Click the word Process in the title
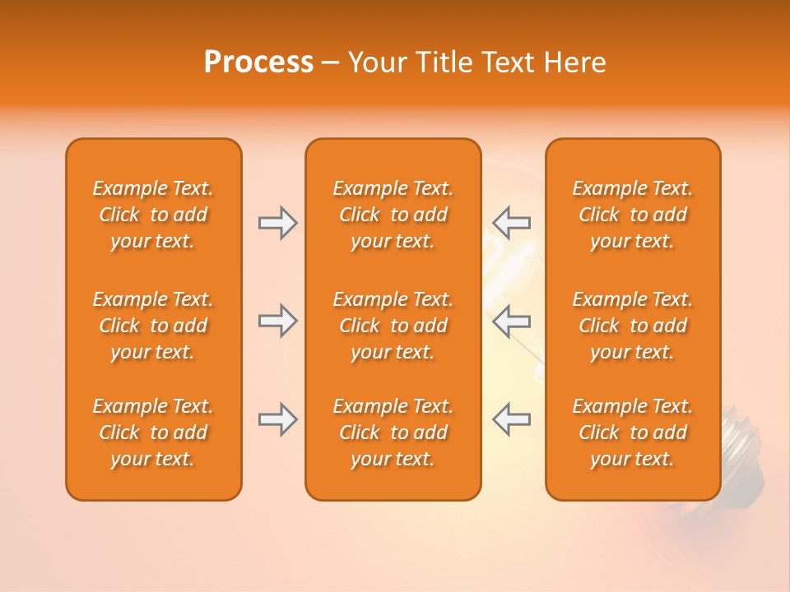pos(258,62)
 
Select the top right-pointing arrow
pos(277,223)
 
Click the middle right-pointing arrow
pos(277,321)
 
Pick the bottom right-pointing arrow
pos(277,419)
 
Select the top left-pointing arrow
pos(511,223)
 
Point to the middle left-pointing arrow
pos(511,321)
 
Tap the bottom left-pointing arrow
pos(511,419)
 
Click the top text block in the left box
pos(153,215)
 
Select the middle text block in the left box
pos(153,326)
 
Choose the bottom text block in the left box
pos(153,432)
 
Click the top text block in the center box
pos(393,215)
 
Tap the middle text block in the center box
pos(393,326)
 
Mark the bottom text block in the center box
pos(393,432)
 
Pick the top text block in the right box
pos(633,215)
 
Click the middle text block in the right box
pos(633,326)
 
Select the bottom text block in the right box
pos(633,432)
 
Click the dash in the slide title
pos(330,63)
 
